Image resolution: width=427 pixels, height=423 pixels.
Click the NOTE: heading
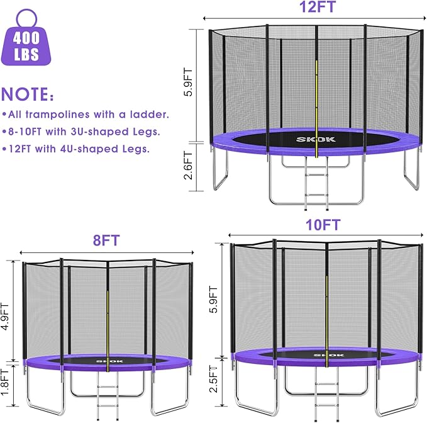pos(28,95)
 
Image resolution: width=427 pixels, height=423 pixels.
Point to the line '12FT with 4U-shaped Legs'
pos(75,149)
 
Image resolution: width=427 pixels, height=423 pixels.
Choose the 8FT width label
pos(106,240)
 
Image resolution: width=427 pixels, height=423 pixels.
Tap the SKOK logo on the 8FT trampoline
pos(108,361)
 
